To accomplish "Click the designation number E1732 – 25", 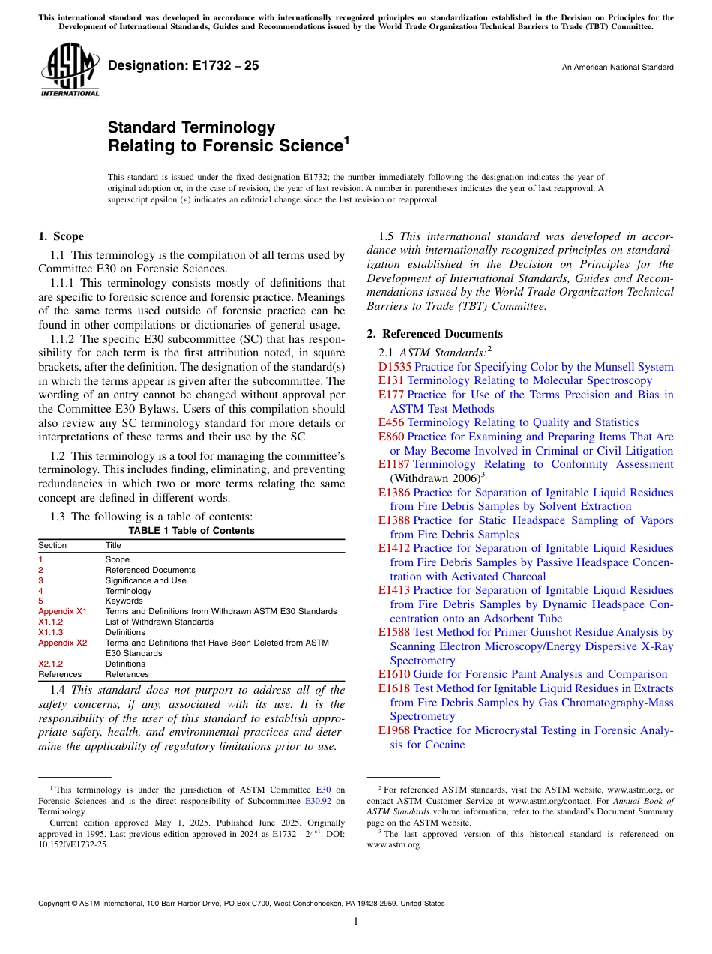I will (x=184, y=66).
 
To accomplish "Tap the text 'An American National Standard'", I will (x=617, y=67).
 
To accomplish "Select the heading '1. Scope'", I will (x=61, y=236).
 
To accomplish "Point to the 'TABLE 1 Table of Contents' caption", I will (x=191, y=531).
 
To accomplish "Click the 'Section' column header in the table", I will (x=52, y=546).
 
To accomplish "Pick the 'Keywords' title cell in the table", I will (x=124, y=601).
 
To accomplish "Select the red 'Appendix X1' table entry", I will (x=62, y=612).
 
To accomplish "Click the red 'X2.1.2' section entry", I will (x=50, y=664).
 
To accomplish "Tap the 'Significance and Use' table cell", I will (x=145, y=580).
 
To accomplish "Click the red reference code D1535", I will (x=395, y=367).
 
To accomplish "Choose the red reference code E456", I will (x=391, y=422).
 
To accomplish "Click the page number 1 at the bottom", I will (x=356, y=921).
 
